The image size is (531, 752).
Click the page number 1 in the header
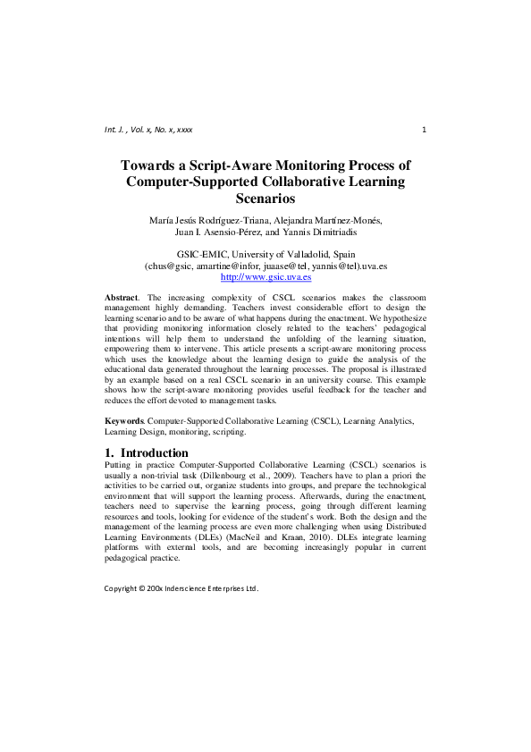point(423,130)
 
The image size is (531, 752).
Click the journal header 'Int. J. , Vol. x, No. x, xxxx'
point(148,130)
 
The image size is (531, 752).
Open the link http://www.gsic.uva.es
point(265,277)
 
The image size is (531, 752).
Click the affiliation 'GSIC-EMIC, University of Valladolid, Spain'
point(265,256)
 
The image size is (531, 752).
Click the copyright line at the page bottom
point(181,589)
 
